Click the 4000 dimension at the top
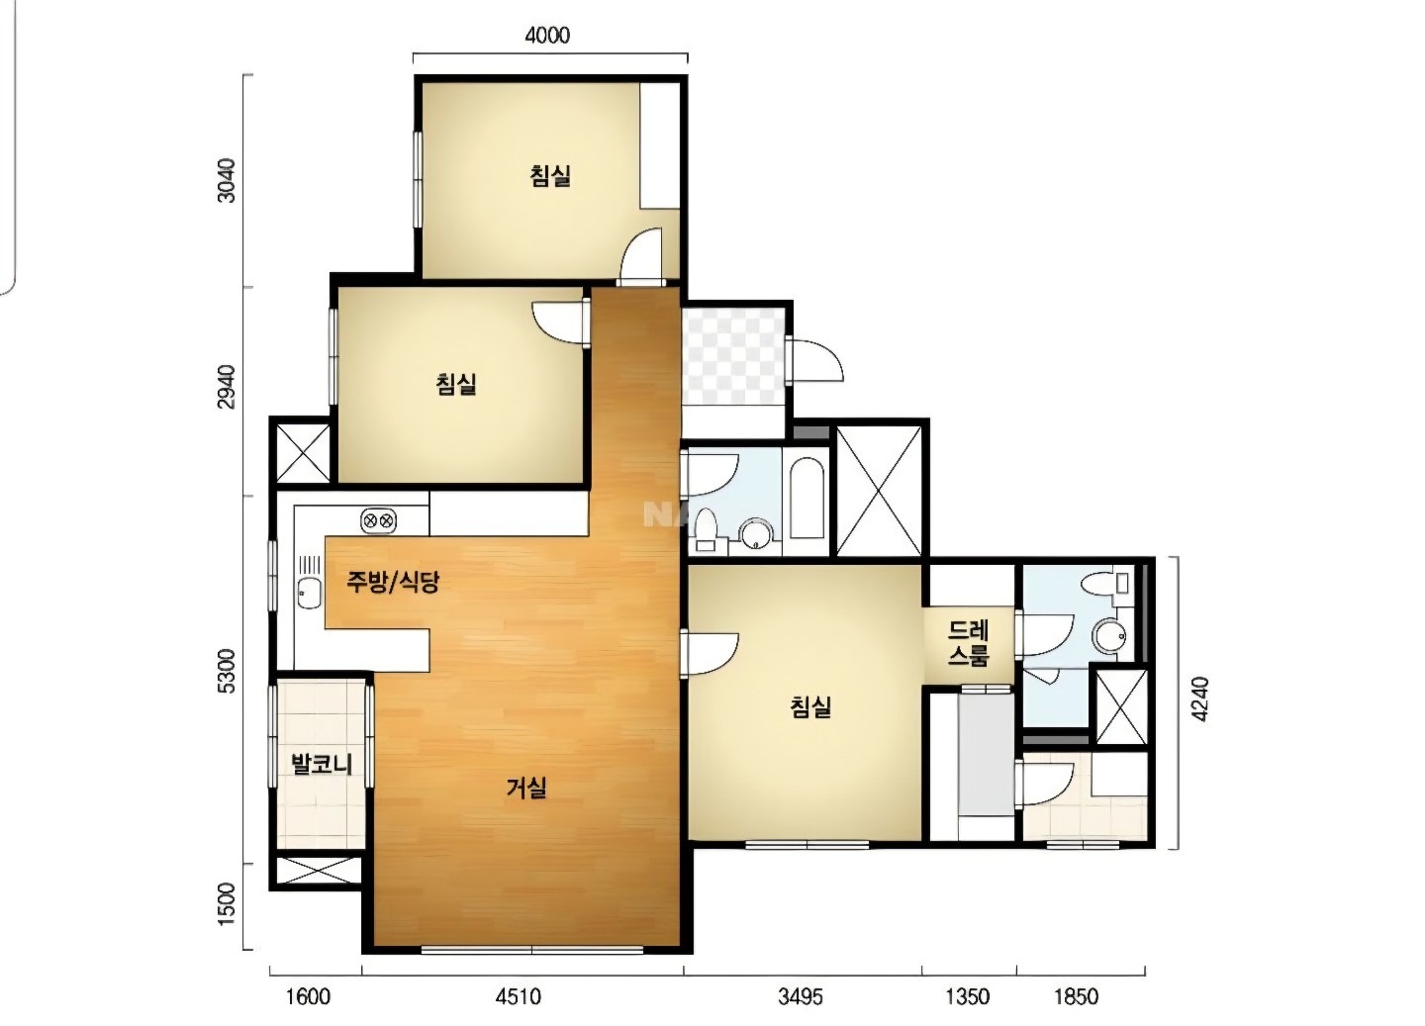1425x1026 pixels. tap(547, 35)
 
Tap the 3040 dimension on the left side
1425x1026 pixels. tap(226, 181)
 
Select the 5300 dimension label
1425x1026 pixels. tap(226, 671)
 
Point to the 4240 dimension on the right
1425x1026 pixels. tap(1198, 700)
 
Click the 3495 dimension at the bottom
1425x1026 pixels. tap(800, 996)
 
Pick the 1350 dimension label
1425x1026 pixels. tap(967, 996)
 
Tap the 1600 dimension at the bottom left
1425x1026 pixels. tap(308, 996)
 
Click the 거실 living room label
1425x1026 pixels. tap(526, 789)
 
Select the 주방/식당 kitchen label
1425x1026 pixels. tap(393, 582)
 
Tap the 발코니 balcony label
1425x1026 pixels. tap(322, 764)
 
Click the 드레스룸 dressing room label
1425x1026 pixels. tap(968, 643)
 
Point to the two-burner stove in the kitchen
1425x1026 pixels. tap(378, 521)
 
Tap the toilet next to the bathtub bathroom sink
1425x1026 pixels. tap(707, 529)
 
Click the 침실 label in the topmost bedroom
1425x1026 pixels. tap(550, 175)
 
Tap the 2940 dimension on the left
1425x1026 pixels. tap(226, 388)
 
